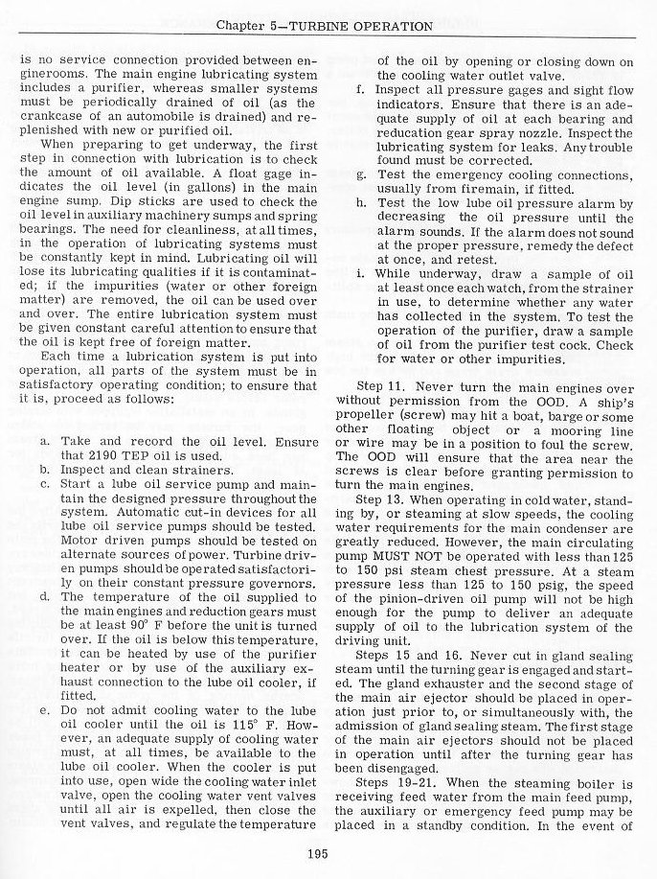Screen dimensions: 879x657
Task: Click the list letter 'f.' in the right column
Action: tap(358, 89)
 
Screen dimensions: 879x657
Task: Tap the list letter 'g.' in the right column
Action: tap(359, 175)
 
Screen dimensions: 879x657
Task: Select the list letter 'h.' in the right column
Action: tap(359, 203)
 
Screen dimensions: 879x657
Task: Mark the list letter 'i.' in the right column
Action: tap(358, 275)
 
